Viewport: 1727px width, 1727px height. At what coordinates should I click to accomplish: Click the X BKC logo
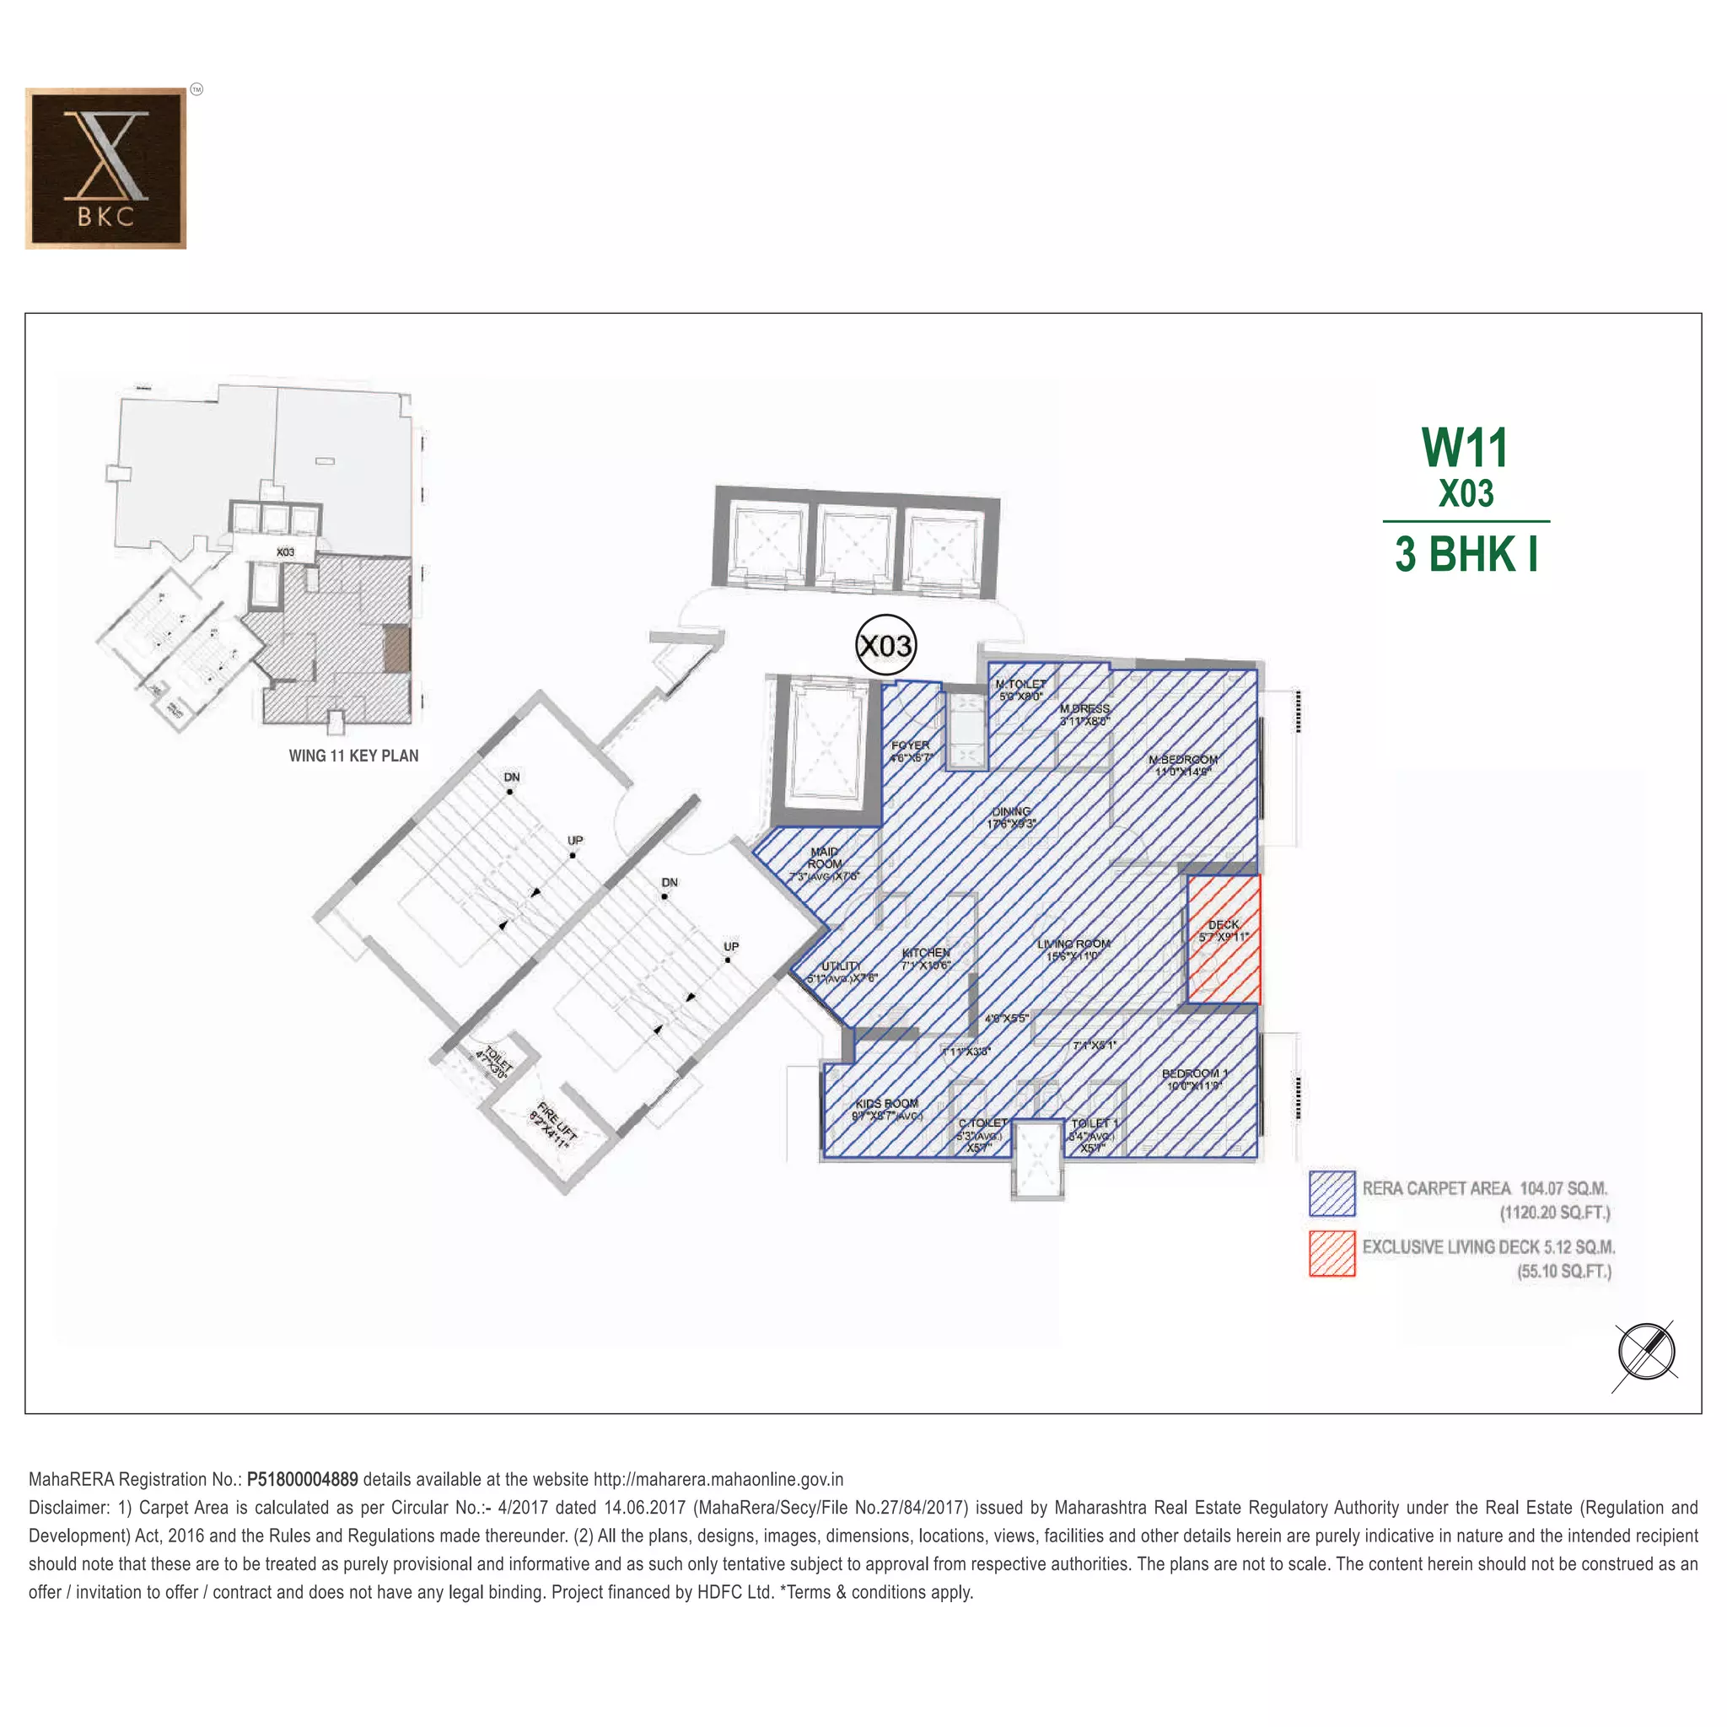click(x=105, y=168)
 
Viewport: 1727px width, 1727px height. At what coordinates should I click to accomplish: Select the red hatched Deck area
click(x=1224, y=939)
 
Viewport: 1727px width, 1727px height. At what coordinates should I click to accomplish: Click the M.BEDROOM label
click(x=1182, y=760)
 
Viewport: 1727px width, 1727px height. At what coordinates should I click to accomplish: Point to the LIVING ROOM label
click(x=1073, y=944)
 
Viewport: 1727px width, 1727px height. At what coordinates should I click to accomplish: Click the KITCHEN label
click(x=926, y=953)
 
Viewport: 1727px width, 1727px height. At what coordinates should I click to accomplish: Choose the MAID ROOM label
click(x=824, y=858)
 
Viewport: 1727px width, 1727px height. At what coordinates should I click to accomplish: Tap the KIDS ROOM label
click(x=886, y=1103)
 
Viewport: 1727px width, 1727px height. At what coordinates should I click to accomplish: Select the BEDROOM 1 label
click(x=1194, y=1073)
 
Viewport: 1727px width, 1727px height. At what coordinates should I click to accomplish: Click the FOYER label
click(x=910, y=745)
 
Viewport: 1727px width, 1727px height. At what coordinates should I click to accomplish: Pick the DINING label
click(x=1011, y=812)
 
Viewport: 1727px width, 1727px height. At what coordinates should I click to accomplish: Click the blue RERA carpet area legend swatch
click(x=1332, y=1194)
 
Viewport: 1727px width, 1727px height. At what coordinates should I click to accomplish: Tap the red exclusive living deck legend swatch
click(x=1332, y=1253)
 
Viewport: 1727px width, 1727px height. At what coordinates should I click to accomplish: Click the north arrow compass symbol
click(x=1646, y=1353)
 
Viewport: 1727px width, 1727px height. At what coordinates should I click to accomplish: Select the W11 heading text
click(x=1465, y=448)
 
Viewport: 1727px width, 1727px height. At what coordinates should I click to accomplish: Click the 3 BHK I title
click(x=1466, y=554)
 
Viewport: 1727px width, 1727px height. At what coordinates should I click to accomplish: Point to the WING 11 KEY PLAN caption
click(x=353, y=756)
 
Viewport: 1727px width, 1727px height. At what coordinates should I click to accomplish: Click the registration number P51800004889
click(x=302, y=1479)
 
